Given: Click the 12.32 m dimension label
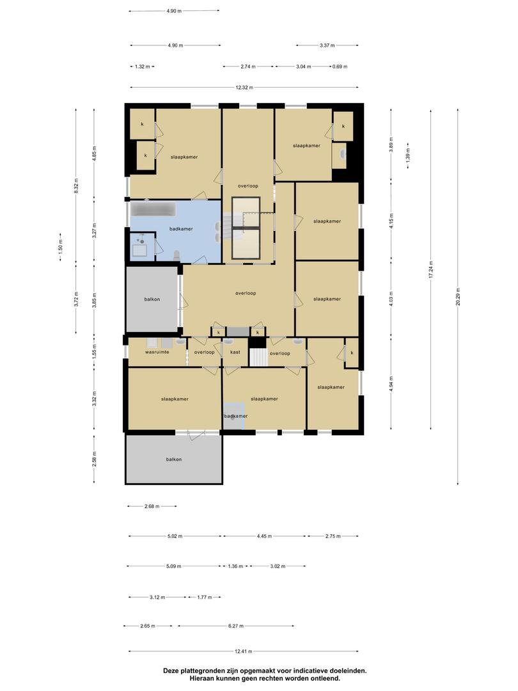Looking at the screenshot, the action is (244, 87).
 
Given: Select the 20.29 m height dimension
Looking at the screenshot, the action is (458, 296).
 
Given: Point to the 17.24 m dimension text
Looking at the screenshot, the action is (431, 269).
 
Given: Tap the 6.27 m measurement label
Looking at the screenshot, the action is (235, 625).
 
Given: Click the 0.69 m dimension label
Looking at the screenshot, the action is (340, 67).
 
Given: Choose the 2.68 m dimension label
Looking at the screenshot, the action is (152, 506).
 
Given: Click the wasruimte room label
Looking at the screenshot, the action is (157, 352).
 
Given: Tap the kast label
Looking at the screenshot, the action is (235, 352).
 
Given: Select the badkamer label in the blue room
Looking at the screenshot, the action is (181, 228).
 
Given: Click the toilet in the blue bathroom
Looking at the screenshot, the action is (177, 255).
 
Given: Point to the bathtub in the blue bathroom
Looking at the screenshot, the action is (153, 209).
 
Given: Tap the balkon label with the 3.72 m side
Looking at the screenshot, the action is (152, 299).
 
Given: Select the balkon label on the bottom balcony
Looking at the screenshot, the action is (173, 459).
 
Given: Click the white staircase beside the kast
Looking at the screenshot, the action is (258, 356).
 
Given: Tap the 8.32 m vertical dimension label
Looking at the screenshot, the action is (75, 186).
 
